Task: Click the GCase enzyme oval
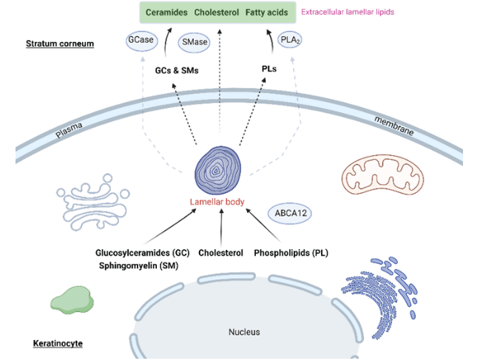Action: [141, 39]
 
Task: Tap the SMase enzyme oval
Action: [194, 43]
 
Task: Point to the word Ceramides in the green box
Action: [167, 13]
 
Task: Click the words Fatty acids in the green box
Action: [267, 13]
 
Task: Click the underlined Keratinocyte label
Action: [58, 344]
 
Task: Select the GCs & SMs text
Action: [177, 69]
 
